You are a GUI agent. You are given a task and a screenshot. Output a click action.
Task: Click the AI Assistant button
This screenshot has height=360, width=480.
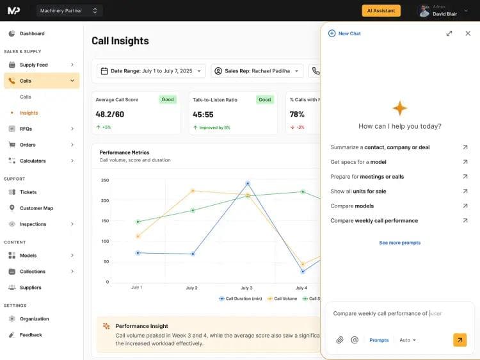[381, 10]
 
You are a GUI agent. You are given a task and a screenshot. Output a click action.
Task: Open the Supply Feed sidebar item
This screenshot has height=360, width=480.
[33, 65]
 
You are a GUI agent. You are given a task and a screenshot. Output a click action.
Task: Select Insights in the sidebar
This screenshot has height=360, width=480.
[29, 113]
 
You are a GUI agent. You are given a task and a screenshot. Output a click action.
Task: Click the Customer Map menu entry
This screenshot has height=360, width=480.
[36, 208]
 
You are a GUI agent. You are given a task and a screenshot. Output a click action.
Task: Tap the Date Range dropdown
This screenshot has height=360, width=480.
[152, 70]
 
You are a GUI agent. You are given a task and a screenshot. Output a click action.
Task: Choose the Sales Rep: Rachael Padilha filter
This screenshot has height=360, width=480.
[257, 70]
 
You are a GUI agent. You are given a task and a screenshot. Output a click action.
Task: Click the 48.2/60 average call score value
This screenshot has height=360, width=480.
[109, 114]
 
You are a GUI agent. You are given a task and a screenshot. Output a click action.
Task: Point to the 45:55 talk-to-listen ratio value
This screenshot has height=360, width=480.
[203, 114]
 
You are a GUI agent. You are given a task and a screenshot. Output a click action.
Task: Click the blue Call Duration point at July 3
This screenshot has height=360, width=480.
[248, 183]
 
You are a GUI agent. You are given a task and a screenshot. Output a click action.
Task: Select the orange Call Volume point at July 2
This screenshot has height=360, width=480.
[193, 190]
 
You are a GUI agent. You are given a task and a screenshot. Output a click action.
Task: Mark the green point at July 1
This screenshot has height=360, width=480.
[138, 222]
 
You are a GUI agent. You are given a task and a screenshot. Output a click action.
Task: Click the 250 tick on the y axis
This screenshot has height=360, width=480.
[105, 181]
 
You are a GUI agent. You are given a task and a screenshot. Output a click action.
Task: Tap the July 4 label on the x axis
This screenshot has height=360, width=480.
[301, 288]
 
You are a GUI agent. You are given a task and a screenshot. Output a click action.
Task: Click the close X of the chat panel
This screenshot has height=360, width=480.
[468, 33]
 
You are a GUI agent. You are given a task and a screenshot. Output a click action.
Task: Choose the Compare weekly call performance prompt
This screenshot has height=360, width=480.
[374, 220]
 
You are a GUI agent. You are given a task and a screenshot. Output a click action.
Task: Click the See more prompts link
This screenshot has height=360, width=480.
[399, 243]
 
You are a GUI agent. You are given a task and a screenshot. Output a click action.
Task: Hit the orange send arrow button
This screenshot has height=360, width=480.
[460, 340]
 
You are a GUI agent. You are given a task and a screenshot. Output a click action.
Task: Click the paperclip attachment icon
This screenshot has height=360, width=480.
[340, 340]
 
